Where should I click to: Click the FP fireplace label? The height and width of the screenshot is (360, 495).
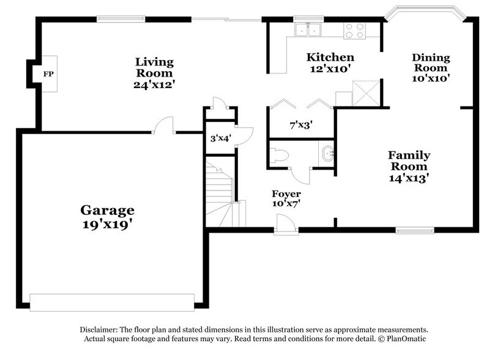pyautogui.click(x=47, y=74)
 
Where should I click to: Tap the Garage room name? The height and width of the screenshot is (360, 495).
pyautogui.click(x=107, y=211)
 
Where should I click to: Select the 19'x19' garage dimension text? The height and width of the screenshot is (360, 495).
pyautogui.click(x=107, y=225)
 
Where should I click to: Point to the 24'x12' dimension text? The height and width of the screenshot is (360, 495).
pyautogui.click(x=154, y=84)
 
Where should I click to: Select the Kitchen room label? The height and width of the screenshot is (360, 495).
pyautogui.click(x=330, y=58)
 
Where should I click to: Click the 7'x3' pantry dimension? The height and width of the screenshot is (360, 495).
pyautogui.click(x=301, y=125)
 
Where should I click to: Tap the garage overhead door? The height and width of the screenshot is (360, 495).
pyautogui.click(x=112, y=301)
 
